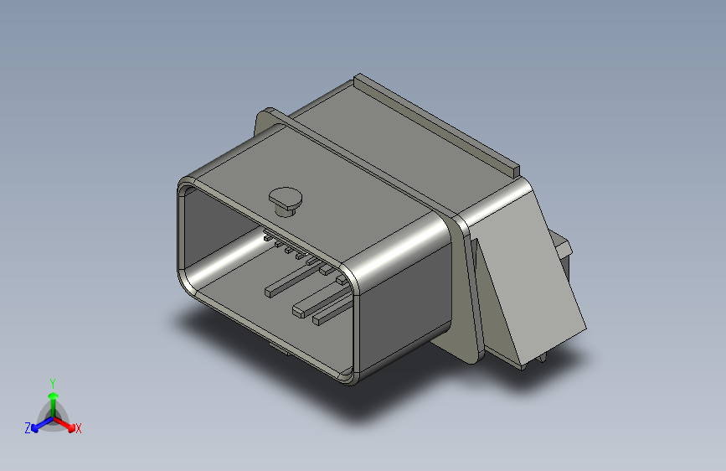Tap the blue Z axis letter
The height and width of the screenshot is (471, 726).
click(28, 428)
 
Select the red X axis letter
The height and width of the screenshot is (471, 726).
click(79, 429)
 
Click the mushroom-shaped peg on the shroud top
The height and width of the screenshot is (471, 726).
click(286, 199)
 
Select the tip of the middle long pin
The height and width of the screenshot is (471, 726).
click(298, 312)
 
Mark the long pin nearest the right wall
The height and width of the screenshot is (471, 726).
click(319, 319)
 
